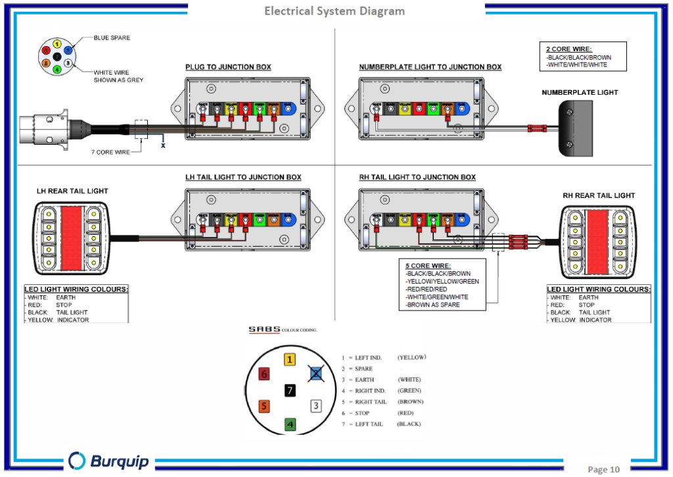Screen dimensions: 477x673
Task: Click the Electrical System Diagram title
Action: pos(335,11)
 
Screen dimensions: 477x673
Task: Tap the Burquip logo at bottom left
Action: pos(109,461)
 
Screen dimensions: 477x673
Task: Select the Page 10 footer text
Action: pos(603,469)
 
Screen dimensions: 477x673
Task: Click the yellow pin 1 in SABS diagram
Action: pos(290,360)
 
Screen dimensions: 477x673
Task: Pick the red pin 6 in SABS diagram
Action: pos(264,374)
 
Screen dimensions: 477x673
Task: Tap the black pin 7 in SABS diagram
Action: pos(290,390)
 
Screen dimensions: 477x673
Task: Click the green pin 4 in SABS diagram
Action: pos(290,424)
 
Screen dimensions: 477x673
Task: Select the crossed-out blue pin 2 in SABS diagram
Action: pos(316,374)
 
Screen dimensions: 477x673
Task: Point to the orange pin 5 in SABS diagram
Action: pos(264,406)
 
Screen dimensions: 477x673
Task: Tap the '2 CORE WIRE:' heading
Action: pos(569,49)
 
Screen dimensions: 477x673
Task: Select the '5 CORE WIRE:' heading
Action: pos(428,266)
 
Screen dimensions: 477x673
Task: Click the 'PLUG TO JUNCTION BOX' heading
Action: pos(227,67)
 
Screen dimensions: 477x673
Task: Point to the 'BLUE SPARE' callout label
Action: pos(112,38)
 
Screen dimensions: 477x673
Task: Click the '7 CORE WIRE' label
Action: pos(110,152)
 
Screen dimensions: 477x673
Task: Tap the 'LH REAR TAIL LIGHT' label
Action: pos(72,191)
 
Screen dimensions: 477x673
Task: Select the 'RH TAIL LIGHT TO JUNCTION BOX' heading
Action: pos(417,177)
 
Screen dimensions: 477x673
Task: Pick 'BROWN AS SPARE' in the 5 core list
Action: pos(433,305)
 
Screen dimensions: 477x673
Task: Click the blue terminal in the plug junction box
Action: pos(289,107)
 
